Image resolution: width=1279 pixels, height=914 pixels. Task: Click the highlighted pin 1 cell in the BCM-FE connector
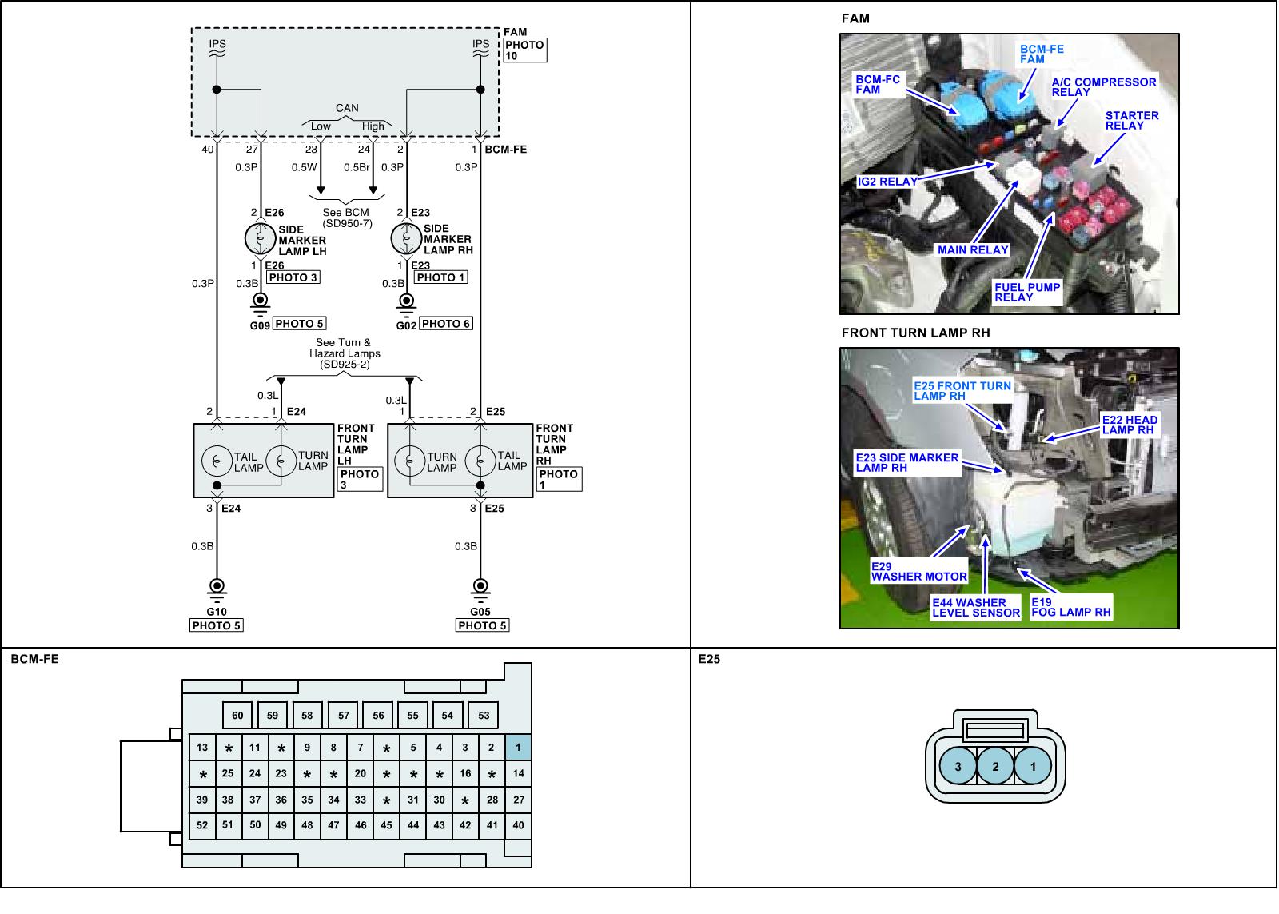pyautogui.click(x=518, y=748)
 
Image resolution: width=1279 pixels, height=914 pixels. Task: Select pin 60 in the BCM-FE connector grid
pyautogui.click(x=237, y=716)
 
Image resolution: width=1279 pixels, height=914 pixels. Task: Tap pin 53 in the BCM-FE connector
pyautogui.click(x=484, y=716)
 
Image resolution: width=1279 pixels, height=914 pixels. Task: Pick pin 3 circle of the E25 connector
pyautogui.click(x=958, y=767)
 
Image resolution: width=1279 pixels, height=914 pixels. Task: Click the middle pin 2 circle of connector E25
pyautogui.click(x=995, y=767)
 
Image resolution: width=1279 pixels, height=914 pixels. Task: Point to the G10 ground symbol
pyautogui.click(x=216, y=587)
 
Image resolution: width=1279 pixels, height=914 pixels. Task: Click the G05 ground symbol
pyautogui.click(x=480, y=587)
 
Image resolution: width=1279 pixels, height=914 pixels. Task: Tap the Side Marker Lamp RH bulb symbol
pyautogui.click(x=406, y=238)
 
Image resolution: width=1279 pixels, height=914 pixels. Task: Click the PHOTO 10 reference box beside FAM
pyautogui.click(x=524, y=50)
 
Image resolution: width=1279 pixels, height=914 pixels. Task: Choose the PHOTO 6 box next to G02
pyautogui.click(x=446, y=324)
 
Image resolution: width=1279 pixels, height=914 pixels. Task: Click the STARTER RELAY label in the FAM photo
pyautogui.click(x=1131, y=121)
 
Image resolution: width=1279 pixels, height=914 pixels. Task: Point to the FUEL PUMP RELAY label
pyautogui.click(x=1026, y=293)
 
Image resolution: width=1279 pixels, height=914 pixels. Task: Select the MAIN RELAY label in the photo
pyautogui.click(x=973, y=250)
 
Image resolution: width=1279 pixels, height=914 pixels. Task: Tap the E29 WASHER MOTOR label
pyautogui.click(x=918, y=572)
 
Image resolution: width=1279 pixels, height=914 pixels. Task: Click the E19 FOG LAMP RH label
pyautogui.click(x=1070, y=608)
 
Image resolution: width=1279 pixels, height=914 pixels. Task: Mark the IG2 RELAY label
pyautogui.click(x=887, y=182)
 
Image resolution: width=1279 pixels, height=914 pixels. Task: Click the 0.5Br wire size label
pyautogui.click(x=357, y=168)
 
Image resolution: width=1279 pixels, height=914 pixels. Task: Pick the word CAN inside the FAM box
pyautogui.click(x=347, y=108)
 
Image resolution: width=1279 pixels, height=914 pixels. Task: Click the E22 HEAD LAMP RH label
pyautogui.click(x=1129, y=425)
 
